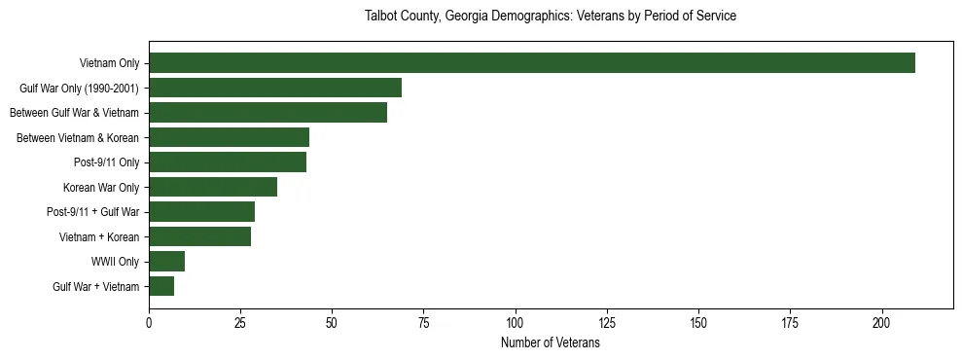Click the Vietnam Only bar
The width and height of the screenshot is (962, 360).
[532, 63]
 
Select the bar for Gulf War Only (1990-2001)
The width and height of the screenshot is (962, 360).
[275, 89]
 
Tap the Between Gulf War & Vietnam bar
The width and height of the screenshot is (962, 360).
[267, 113]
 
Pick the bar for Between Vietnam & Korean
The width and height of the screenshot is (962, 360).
[229, 137]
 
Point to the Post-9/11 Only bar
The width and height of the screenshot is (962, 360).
[228, 162]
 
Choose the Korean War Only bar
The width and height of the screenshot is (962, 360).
[213, 187]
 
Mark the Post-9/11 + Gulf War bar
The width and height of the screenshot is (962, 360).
[201, 212]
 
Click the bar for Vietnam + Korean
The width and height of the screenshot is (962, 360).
[199, 236]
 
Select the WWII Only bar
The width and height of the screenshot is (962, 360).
[166, 262]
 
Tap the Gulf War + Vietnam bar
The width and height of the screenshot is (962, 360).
[161, 286]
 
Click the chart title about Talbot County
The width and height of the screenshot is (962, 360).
[550, 17]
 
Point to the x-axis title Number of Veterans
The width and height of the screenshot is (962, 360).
[550, 343]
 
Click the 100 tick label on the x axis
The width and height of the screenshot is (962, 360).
[516, 322]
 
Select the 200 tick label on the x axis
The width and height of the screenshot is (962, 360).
[882, 322]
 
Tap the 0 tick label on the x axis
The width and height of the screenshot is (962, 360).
[149, 322]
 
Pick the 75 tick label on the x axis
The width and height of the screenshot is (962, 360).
[423, 322]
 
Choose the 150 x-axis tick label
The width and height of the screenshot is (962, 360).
[698, 322]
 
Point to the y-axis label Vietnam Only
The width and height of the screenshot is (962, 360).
[108, 63]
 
